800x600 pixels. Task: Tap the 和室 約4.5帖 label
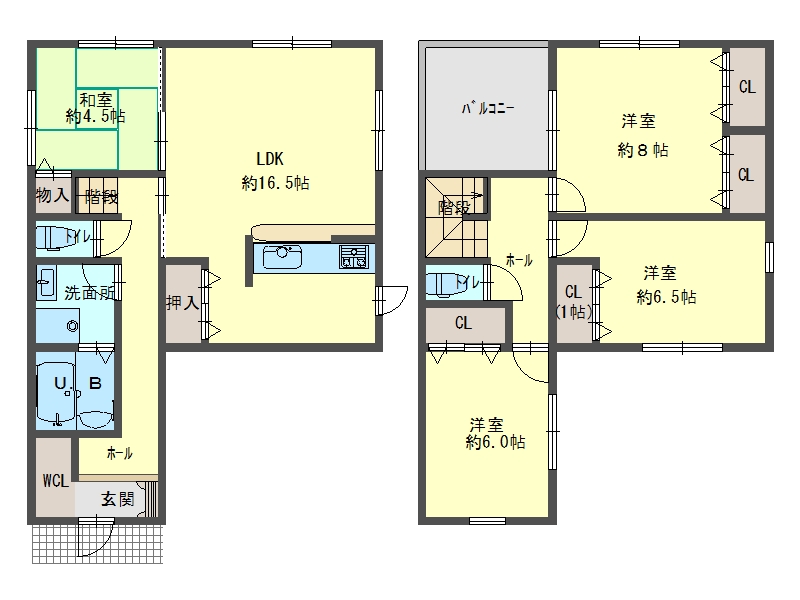(95, 108)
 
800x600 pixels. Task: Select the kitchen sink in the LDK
(282, 257)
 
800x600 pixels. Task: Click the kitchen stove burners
(354, 257)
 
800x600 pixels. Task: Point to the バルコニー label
(488, 108)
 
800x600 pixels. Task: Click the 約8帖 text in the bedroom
(642, 150)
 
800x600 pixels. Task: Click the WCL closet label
(56, 480)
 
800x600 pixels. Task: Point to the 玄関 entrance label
(117, 498)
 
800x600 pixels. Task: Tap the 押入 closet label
(182, 303)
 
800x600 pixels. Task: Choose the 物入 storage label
(53, 194)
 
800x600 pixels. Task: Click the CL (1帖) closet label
(573, 302)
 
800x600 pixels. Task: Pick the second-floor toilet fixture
(447, 283)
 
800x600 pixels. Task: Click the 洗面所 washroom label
(90, 293)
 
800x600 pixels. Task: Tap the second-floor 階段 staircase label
(454, 208)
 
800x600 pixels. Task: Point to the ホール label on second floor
(519, 260)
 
